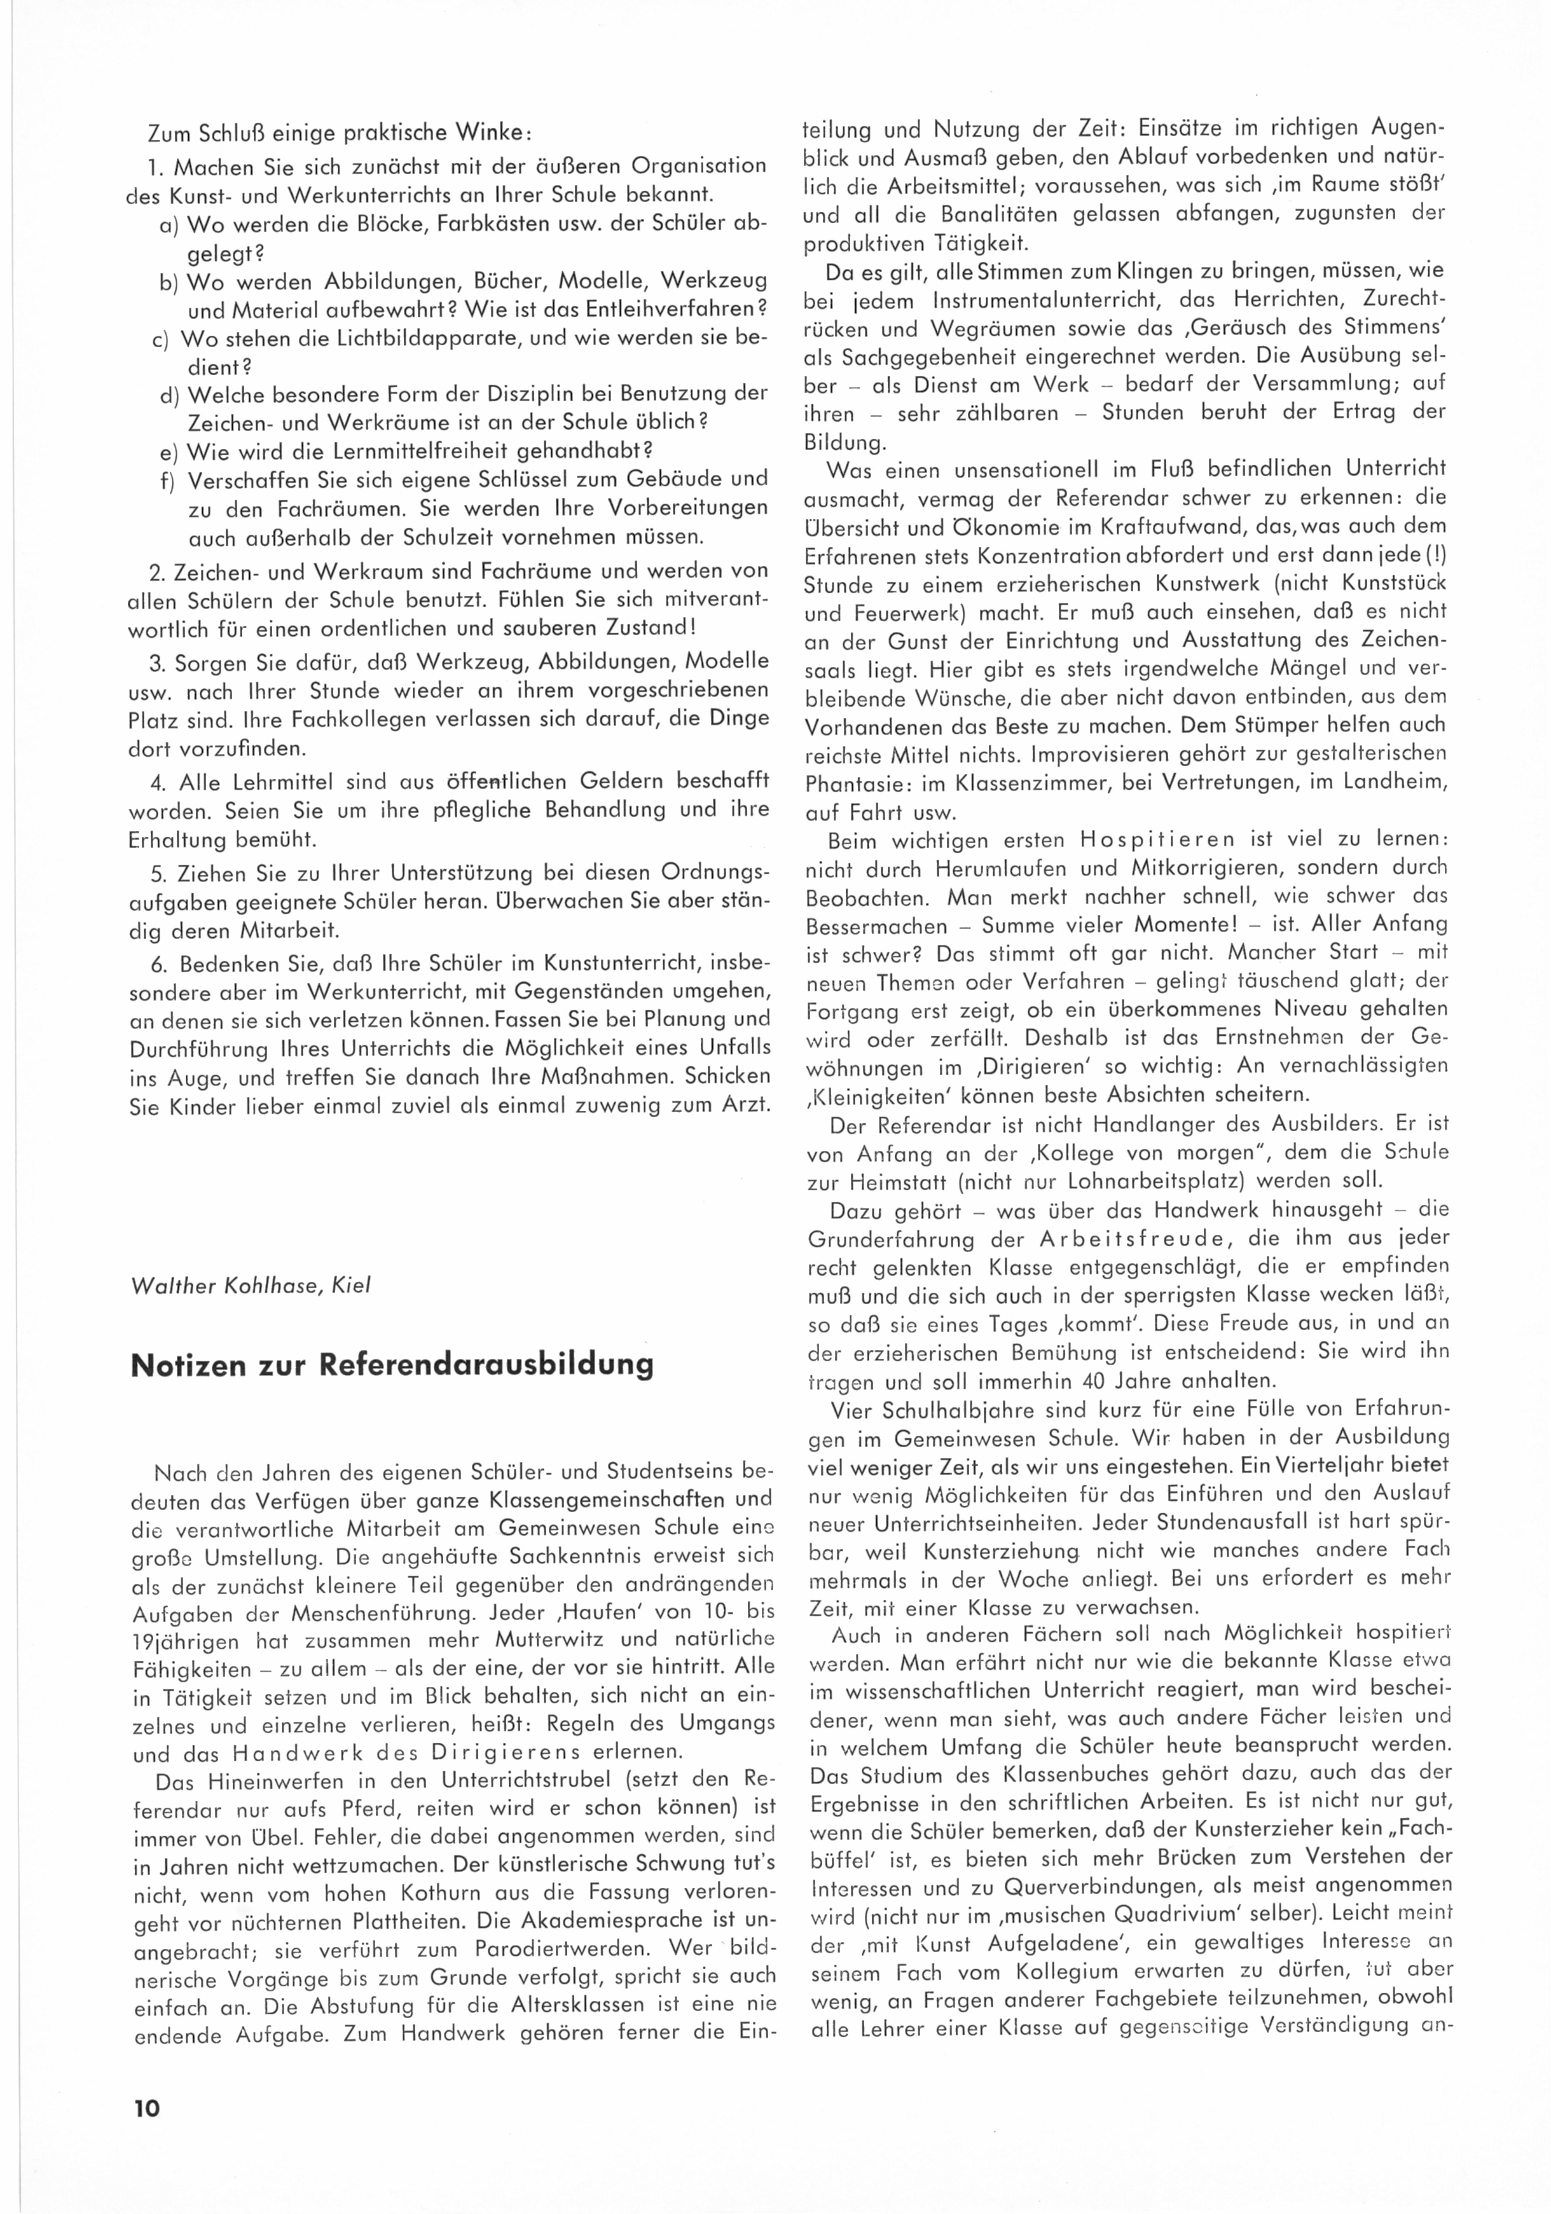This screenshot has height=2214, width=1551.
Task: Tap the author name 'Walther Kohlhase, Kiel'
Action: point(251,1286)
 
